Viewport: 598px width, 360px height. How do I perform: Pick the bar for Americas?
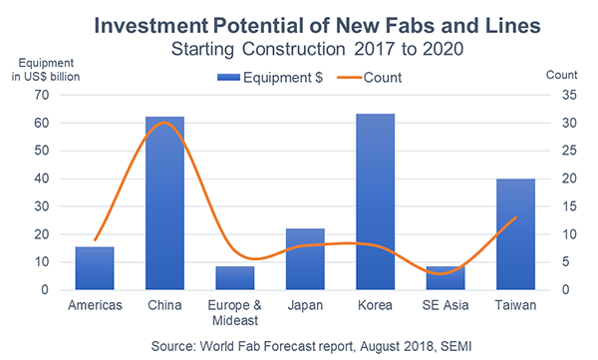[x=94, y=268]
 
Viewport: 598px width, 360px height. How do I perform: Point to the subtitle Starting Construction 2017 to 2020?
[x=299, y=47]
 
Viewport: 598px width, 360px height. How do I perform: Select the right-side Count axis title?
[x=562, y=74]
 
